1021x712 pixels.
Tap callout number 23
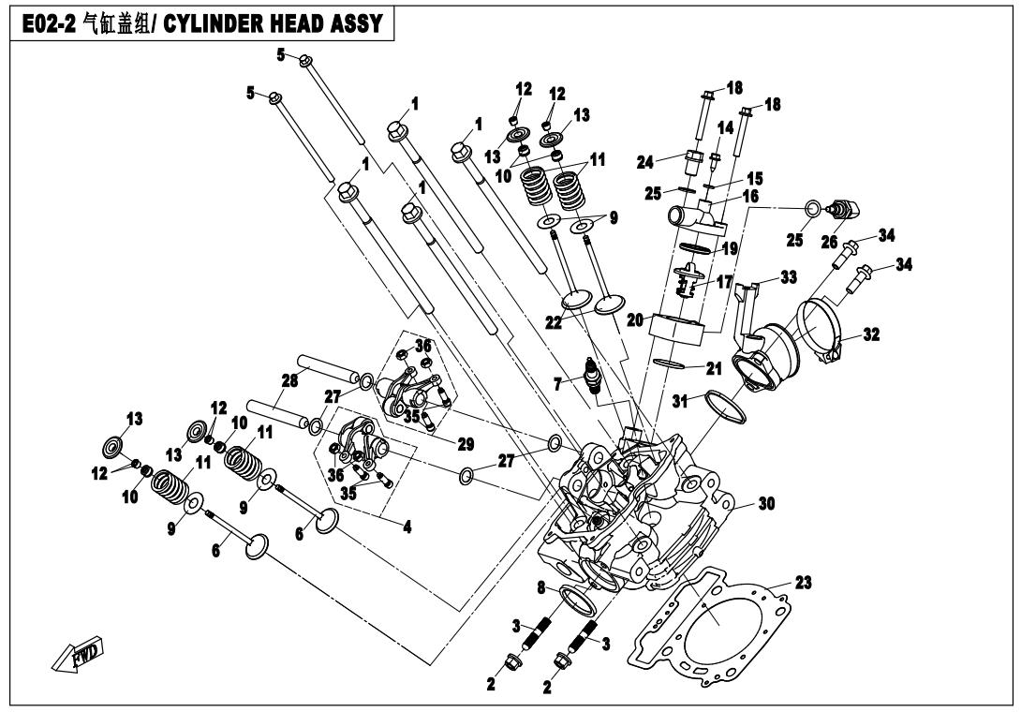coord(805,583)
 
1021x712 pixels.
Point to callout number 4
coord(406,527)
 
